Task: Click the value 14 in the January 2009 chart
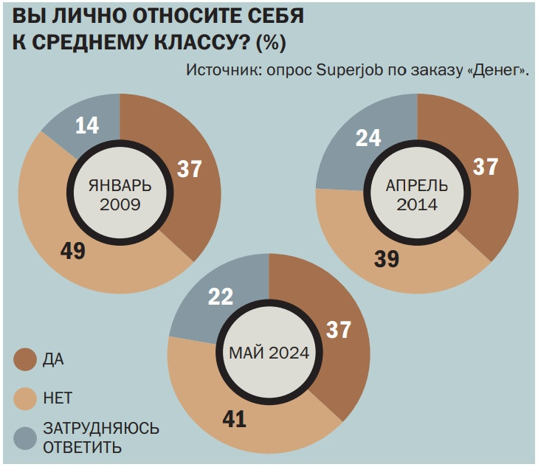coord(87,125)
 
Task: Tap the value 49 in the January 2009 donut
coord(73,251)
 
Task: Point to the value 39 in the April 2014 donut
coord(387,259)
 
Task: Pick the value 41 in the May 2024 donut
coord(234,420)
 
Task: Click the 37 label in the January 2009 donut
coord(190,170)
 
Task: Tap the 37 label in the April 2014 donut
coord(485,167)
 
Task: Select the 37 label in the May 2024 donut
coord(338,330)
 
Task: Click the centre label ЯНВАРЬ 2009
coord(120,195)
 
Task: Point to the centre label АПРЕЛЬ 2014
coord(418,194)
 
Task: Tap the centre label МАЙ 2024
coord(269,352)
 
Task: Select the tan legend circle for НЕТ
coord(25,399)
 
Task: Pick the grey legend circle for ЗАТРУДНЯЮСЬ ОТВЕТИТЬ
coord(25,438)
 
